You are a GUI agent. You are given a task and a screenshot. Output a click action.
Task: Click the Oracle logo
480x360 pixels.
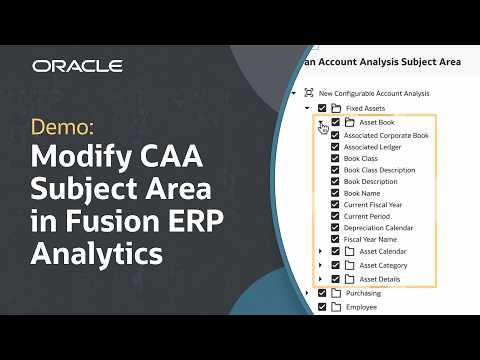[77, 66]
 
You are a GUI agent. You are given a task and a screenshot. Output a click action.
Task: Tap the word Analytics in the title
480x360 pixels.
[97, 254]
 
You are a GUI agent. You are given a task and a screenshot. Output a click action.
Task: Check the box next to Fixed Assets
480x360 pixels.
[322, 108]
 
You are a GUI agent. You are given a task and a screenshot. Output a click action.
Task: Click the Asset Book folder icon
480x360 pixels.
[350, 122]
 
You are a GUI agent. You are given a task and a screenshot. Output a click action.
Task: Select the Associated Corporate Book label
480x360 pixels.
[386, 134]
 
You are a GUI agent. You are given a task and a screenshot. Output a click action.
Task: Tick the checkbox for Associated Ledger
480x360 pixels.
[336, 146]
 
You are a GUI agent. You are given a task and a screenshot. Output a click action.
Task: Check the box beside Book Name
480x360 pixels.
[336, 194]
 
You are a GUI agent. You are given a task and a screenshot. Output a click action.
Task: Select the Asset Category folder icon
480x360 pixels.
[350, 266]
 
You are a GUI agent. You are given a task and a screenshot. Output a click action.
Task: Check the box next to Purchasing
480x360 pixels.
[322, 294]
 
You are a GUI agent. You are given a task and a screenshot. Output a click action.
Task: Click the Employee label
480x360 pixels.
[363, 308]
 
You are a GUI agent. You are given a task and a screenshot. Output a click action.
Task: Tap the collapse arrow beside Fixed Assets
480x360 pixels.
[307, 108]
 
